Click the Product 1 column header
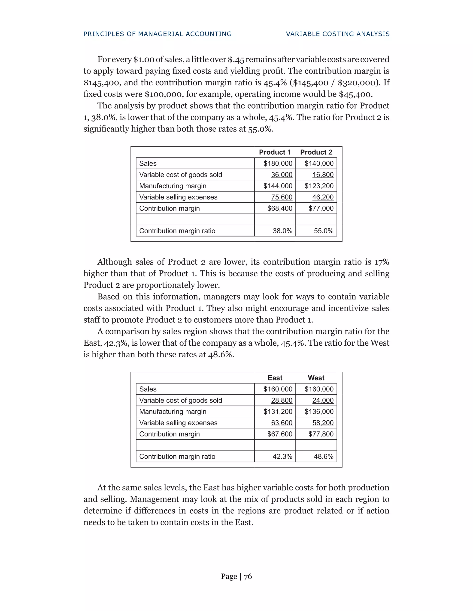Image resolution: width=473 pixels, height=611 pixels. (275, 152)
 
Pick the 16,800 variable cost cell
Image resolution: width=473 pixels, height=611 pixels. (323, 175)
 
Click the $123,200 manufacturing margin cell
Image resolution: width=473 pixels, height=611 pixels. (319, 186)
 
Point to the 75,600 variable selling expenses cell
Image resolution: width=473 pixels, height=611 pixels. (282, 197)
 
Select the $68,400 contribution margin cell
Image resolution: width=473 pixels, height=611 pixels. (280, 208)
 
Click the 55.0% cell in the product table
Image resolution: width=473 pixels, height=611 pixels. (323, 231)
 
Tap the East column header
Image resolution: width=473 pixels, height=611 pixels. (275, 378)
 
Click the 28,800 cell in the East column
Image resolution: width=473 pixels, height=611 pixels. (282, 400)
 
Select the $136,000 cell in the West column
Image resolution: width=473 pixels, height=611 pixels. (319, 412)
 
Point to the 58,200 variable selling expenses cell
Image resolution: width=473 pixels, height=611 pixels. (323, 423)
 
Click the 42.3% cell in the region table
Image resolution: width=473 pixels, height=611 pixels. (282, 457)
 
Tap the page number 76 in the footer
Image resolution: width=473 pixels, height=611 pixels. (248, 576)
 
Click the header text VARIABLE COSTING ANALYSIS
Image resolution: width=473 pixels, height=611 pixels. (338, 34)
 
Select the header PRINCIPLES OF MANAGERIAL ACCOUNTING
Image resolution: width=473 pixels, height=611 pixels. (158, 34)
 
